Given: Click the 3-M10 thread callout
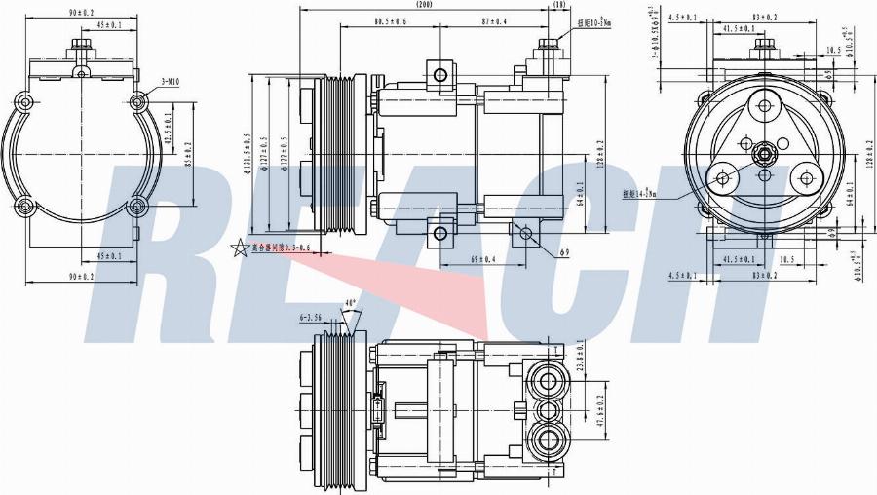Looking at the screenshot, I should coord(171,82).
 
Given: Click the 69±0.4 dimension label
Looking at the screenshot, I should coord(482,260).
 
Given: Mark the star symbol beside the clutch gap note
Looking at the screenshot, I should coord(239,248).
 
